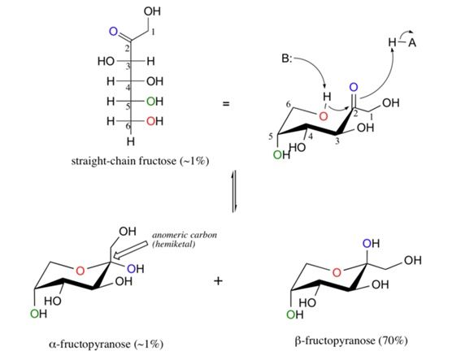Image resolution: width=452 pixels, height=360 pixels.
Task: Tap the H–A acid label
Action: (401, 45)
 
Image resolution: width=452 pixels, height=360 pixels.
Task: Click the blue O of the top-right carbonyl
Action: (354, 87)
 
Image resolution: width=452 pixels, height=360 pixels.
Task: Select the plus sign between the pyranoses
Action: (218, 281)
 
